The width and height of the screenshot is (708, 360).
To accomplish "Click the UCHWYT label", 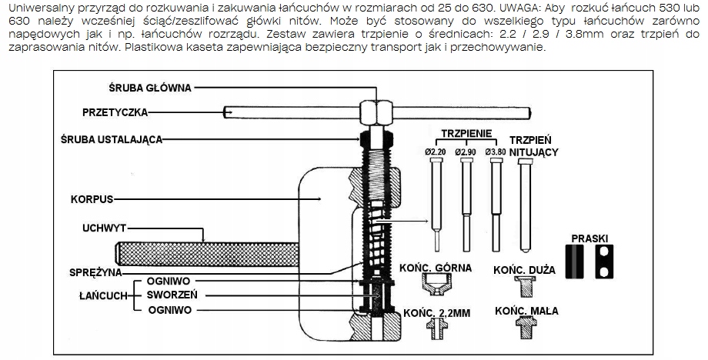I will click(103, 228).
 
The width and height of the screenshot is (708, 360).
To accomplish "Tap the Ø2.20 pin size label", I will click(435, 152).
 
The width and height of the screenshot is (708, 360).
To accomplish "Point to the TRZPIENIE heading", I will click(466, 133).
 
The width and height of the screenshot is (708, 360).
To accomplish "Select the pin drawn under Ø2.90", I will click(466, 200).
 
